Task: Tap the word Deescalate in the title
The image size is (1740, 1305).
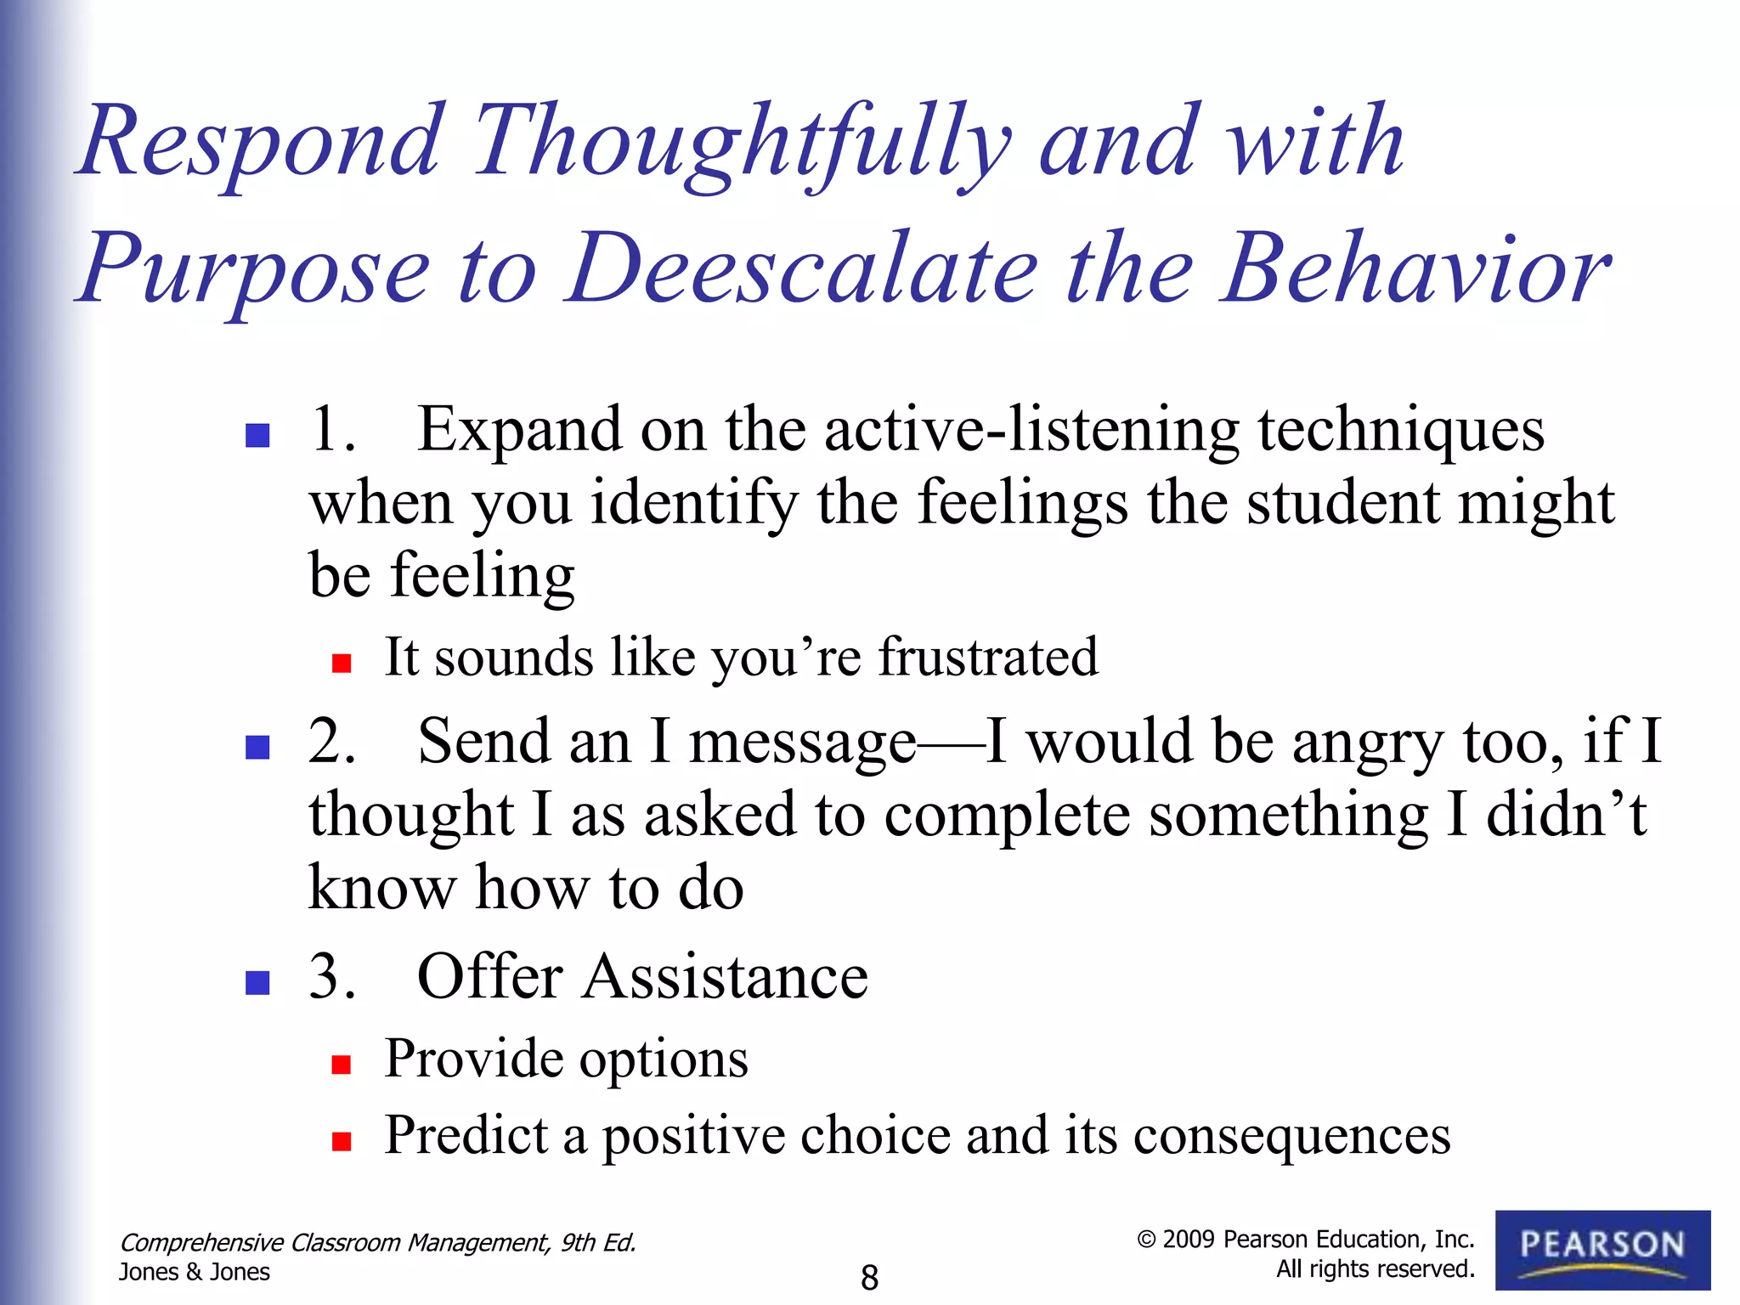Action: point(803,270)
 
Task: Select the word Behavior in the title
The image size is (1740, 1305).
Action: point(1415,270)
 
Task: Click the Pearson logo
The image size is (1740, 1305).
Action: point(1602,1249)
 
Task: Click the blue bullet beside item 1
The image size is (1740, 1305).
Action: point(257,436)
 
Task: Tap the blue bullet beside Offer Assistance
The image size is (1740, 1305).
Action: point(257,983)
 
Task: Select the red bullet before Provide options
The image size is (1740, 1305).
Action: point(342,1065)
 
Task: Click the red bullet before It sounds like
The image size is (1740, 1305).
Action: point(342,664)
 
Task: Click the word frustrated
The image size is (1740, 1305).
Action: point(987,658)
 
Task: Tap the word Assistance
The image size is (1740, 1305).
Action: point(726,978)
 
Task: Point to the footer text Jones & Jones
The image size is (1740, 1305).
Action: point(195,1272)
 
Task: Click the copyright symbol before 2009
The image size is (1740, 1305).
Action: point(1146,1240)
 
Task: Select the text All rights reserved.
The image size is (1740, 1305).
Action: point(1375,1269)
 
